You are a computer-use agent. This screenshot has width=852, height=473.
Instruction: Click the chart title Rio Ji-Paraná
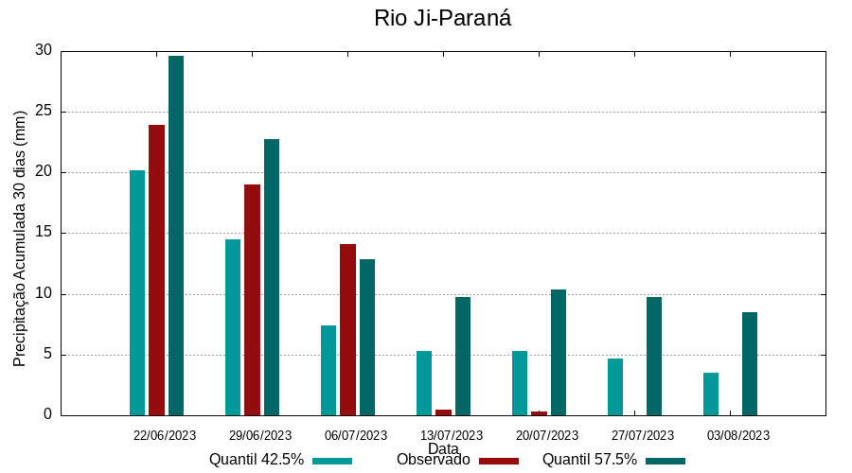(x=442, y=18)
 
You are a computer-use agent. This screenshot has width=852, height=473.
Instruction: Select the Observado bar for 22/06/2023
(x=156, y=270)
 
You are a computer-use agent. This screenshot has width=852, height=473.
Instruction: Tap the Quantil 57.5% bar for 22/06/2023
(x=176, y=236)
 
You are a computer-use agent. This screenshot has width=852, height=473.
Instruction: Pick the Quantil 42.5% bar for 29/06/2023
(x=233, y=327)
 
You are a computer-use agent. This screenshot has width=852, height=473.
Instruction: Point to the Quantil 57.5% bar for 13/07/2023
(x=463, y=356)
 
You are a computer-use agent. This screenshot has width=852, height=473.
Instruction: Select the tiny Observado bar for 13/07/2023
(x=443, y=412)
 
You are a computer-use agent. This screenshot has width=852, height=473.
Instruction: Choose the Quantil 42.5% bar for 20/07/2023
(x=520, y=383)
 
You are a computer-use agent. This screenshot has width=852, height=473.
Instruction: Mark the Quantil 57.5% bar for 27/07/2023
(x=654, y=356)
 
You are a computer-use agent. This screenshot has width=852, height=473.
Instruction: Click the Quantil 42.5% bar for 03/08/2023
(x=711, y=394)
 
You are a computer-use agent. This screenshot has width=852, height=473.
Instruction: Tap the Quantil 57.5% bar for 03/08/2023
(x=750, y=363)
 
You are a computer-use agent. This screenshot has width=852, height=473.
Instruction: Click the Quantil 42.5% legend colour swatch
(x=332, y=461)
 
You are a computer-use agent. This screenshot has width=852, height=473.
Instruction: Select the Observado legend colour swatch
(x=499, y=461)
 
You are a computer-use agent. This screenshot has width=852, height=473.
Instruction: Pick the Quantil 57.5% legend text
(x=590, y=460)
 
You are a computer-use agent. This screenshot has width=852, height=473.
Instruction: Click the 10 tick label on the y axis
(x=44, y=294)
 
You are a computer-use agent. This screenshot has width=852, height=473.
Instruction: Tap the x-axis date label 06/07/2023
(x=356, y=435)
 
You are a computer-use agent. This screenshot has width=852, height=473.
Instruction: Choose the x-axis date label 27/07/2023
(x=643, y=435)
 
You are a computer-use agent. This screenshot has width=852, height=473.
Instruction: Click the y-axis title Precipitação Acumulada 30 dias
(x=20, y=238)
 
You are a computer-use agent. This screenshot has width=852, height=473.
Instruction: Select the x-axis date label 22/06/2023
(x=165, y=435)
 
